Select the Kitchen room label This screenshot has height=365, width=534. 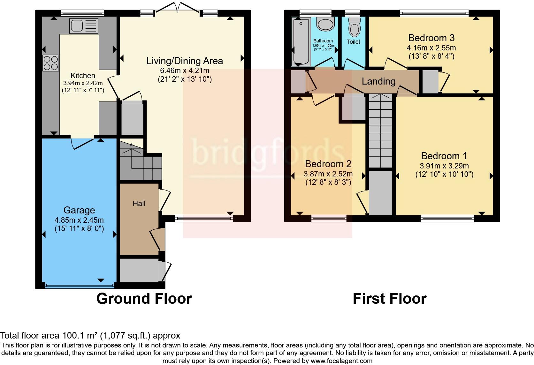pos(83,76)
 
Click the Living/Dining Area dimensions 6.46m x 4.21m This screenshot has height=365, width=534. pos(185,71)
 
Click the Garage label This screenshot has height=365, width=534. pos(79,210)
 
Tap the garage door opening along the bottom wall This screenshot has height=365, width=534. pos(79,286)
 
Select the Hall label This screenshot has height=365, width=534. pos(139,204)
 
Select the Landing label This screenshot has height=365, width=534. pos(378,81)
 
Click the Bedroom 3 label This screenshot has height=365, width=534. pos(431,38)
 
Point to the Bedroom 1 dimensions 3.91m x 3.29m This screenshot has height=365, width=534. pos(444,166)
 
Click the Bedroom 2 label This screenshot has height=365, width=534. pos(328,164)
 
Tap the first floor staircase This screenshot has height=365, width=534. pos(380,131)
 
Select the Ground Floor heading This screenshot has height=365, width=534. pos(144,299)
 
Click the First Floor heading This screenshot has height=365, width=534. pos(389,299)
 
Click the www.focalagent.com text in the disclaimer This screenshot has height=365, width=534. pos(341,361)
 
